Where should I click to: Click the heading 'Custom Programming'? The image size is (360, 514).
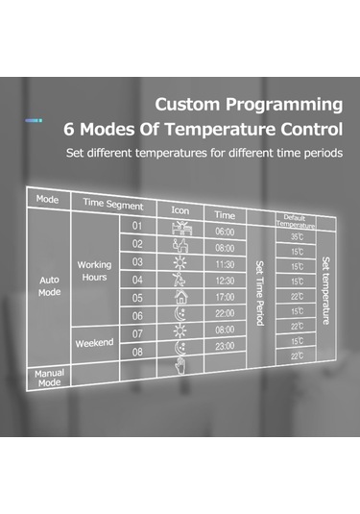tap(248, 104)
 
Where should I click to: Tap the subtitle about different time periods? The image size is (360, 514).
tap(204, 153)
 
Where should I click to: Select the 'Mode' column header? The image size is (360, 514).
tap(47, 200)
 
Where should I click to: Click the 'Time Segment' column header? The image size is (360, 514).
tap(112, 206)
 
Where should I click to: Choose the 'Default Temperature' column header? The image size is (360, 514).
tap(295, 219)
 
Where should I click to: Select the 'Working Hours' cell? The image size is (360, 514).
tap(93, 271)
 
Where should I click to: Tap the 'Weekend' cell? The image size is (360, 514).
tap(94, 342)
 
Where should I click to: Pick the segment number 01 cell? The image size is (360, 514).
tap(137, 226)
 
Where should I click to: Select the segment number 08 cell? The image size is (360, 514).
tap(136, 352)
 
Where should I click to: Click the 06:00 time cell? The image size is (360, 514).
tap(225, 232)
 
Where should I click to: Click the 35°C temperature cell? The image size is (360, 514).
tap(296, 235)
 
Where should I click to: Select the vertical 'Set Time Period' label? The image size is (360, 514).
tap(260, 291)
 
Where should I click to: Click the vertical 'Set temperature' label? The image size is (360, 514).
tap(326, 290)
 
